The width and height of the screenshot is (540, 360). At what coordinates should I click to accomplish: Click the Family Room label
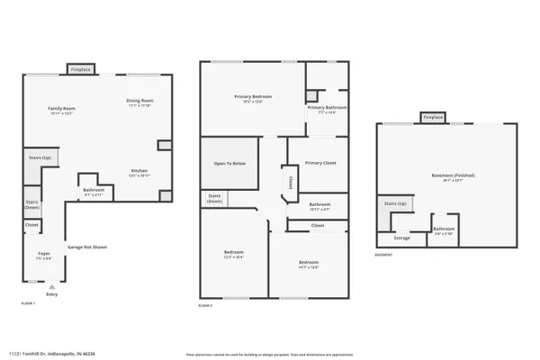(62, 110)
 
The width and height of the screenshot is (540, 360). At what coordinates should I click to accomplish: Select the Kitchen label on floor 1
(139, 170)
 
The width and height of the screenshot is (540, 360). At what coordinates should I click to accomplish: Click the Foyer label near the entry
(43, 255)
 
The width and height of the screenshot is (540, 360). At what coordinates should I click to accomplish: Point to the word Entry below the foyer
(51, 294)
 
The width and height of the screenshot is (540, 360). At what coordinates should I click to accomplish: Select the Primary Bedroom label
(253, 97)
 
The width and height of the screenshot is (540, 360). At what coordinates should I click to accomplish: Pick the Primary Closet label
(319, 163)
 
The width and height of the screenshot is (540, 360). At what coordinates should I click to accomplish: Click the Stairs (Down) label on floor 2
(215, 198)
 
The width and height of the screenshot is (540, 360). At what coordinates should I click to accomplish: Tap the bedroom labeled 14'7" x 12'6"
(309, 264)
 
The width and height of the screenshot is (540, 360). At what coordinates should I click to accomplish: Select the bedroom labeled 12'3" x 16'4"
(234, 255)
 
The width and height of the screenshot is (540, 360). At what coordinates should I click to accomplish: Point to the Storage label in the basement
(401, 238)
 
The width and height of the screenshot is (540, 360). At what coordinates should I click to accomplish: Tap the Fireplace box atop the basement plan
(433, 117)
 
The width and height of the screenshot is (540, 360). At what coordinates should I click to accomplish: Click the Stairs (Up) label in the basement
(396, 204)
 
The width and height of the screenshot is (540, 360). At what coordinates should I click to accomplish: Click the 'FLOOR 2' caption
(206, 306)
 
